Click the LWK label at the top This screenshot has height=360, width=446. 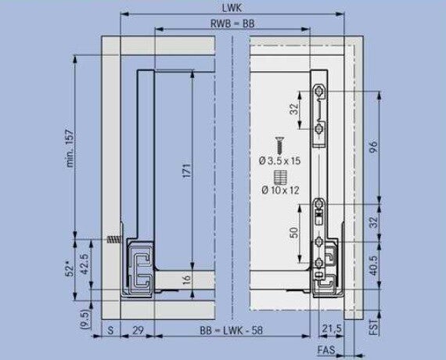point(232,8)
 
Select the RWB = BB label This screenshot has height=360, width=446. point(232,23)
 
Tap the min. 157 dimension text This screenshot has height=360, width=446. point(70,148)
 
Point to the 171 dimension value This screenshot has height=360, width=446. point(186,171)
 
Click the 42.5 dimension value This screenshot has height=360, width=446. point(85,264)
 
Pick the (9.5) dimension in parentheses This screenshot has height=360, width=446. point(85,319)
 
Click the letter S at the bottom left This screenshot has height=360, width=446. point(110,330)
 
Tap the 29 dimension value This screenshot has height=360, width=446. point(138,330)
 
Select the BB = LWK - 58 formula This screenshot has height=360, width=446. point(232,330)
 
